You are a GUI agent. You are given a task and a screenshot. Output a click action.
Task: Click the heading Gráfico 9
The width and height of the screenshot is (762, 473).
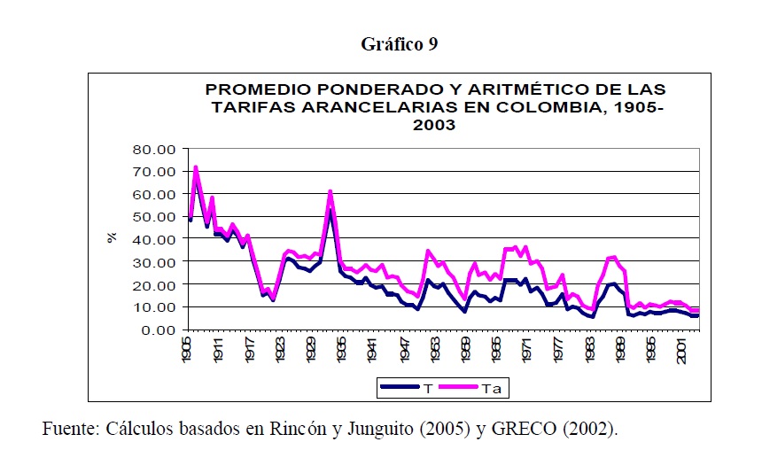(x=399, y=44)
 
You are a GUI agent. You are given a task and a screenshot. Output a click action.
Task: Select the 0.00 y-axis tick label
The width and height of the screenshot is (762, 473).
(x=159, y=330)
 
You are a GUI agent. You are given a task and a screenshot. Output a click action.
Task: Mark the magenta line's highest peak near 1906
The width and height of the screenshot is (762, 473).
(x=195, y=167)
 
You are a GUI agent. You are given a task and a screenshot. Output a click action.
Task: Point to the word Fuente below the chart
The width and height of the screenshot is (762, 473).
(x=69, y=430)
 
